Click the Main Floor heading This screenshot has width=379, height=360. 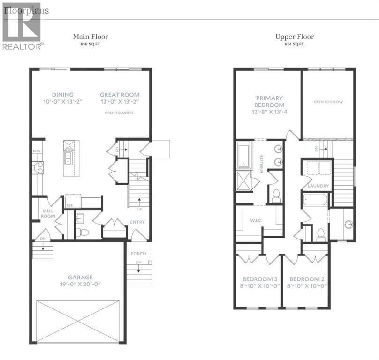(90, 37)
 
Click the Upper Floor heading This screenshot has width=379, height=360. (294, 37)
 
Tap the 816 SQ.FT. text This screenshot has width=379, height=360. (90, 45)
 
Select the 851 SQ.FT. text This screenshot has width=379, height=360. (294, 45)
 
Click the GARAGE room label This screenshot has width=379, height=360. (79, 277)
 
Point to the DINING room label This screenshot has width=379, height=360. (62, 94)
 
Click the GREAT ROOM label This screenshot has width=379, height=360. (120, 94)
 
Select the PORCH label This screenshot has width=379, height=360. (139, 254)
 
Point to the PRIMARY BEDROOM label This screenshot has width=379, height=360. (269, 101)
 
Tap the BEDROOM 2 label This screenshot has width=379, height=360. (306, 279)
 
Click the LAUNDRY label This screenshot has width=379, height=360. (318, 186)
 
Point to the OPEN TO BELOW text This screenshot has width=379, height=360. (327, 102)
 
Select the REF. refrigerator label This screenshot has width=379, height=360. (69, 205)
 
